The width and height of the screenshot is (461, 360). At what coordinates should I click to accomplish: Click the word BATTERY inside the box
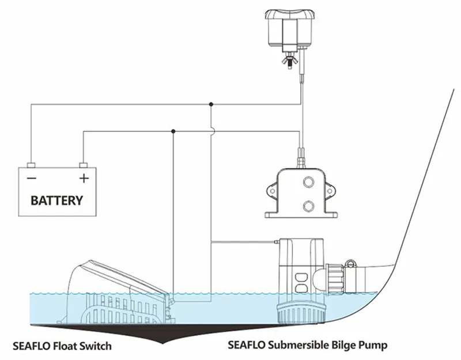pos(56,201)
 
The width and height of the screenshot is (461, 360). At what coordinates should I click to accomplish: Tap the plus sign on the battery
pos(84,177)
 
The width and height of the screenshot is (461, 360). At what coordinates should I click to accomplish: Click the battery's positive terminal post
pos(83,165)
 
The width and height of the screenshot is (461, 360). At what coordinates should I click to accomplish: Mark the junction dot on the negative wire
pos(211,104)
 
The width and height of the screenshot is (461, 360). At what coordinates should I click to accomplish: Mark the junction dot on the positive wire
pos(173,131)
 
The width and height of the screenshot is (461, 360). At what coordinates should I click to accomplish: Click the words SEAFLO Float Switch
pos(62,346)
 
